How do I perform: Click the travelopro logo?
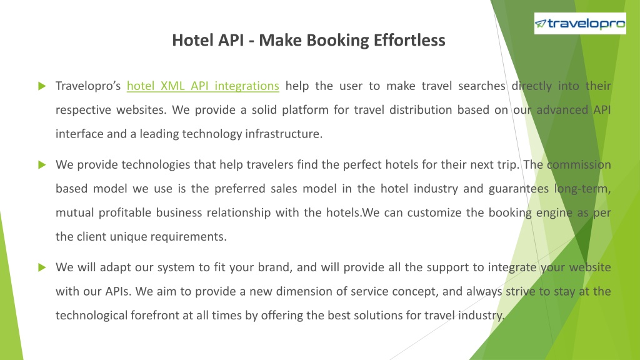tap(580, 23)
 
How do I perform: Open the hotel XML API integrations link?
tap(203, 86)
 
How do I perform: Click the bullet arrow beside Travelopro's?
tap(42, 86)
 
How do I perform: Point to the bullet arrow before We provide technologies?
tap(42, 165)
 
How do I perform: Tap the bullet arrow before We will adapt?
tap(42, 267)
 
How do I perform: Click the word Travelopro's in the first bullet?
tap(88, 86)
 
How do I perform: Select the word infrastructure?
tap(284, 134)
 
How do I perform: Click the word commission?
tap(579, 165)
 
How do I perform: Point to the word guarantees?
tap(519, 189)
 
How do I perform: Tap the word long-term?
tap(582, 189)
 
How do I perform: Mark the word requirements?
tap(189, 237)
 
